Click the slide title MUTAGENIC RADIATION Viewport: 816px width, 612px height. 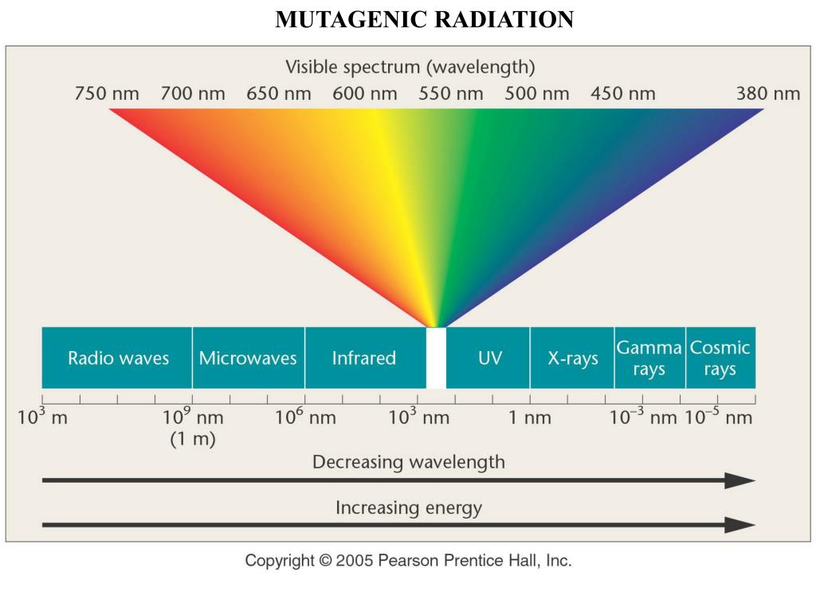click(424, 20)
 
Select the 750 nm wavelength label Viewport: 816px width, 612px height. click(107, 93)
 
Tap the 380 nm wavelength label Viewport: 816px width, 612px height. click(767, 93)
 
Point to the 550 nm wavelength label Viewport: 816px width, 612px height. click(451, 93)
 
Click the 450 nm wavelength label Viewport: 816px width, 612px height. click(622, 93)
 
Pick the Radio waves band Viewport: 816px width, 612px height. click(118, 358)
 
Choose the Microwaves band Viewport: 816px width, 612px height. click(248, 358)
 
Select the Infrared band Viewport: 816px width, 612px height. click(363, 358)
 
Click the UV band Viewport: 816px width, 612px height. click(489, 358)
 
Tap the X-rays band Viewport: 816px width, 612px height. click(572, 358)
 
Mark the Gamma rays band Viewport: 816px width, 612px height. click(649, 358)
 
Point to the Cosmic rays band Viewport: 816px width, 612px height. click(720, 358)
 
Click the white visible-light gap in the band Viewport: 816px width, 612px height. click(436, 358)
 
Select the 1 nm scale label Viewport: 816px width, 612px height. click(530, 418)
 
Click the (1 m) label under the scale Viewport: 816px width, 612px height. click(193, 440)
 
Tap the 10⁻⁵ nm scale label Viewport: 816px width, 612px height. click(718, 417)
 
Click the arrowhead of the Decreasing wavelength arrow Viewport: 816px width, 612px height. click(741, 480)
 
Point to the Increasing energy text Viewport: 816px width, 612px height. click(408, 507)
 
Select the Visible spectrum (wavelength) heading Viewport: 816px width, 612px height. click(410, 66)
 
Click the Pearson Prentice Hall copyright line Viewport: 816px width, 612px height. click(408, 561)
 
